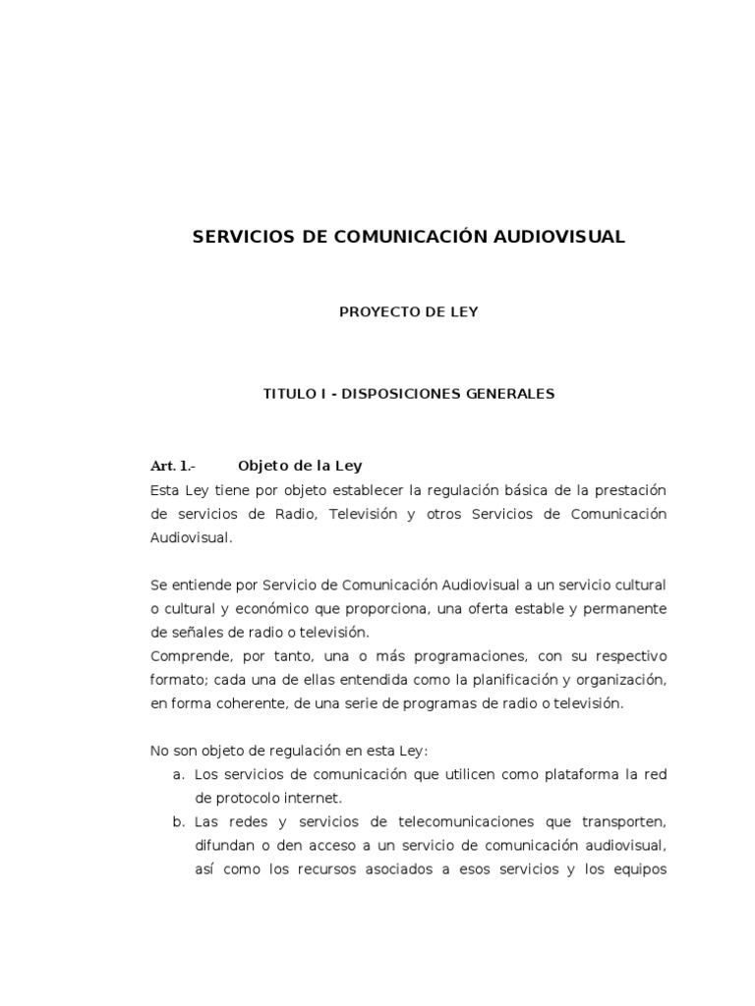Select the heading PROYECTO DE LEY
click(x=408, y=312)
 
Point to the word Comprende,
click(x=187, y=656)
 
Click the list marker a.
click(x=178, y=775)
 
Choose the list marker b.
click(x=178, y=822)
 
